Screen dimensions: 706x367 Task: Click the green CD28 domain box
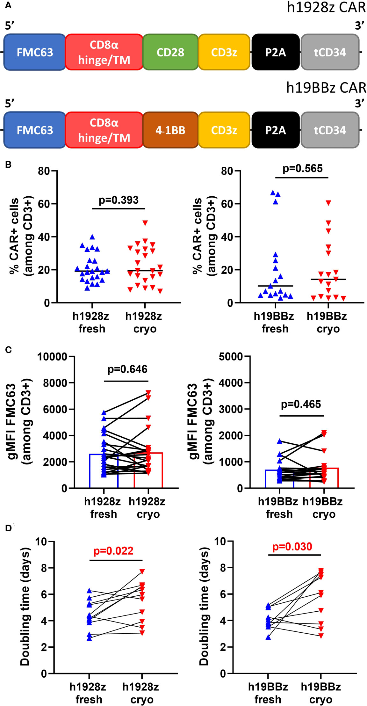pos(170,52)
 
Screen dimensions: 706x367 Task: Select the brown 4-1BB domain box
pos(170,130)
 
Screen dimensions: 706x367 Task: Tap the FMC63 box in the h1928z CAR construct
pos(35,52)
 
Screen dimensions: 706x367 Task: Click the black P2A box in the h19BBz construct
pos(275,130)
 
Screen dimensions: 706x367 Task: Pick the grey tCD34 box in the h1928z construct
pos(330,52)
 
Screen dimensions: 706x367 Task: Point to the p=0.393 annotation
pos(119,200)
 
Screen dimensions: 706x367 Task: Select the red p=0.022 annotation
pos(113,551)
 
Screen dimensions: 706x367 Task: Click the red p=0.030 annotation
pos(292,547)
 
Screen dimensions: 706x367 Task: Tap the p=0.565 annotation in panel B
pos(303,168)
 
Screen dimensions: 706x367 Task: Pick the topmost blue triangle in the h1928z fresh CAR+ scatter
pos(92,237)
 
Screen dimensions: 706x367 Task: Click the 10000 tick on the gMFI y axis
pos(52,356)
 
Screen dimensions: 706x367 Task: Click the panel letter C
pos(9,350)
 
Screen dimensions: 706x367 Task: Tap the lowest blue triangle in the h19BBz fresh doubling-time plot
pos(268,637)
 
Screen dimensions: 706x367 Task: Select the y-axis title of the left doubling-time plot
pos(25,607)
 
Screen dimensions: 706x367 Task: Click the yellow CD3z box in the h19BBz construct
pos(224,130)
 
